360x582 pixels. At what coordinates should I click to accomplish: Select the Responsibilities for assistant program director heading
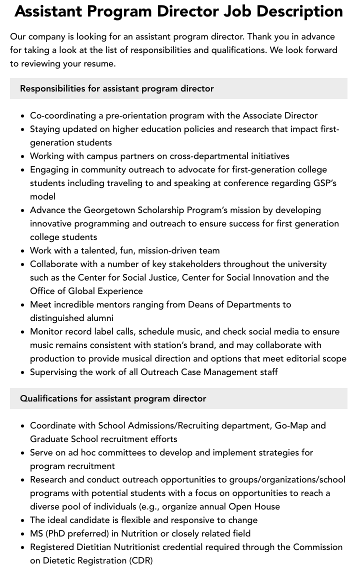(x=117, y=88)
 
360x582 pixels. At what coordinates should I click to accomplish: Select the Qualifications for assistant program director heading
(x=113, y=398)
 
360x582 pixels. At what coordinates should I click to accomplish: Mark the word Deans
(x=201, y=304)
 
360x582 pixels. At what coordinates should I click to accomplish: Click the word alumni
(x=99, y=318)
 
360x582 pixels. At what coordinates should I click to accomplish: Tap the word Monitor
(x=47, y=331)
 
